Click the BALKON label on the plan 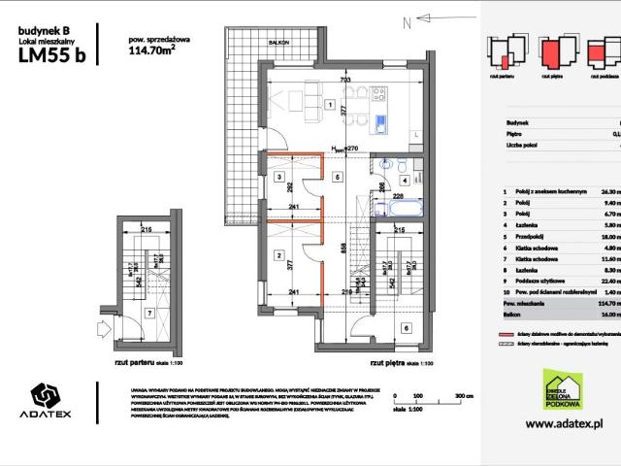(x=278, y=43)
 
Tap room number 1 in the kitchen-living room (x=331, y=105)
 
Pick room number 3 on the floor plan (x=278, y=179)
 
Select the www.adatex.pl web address (x=565, y=424)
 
